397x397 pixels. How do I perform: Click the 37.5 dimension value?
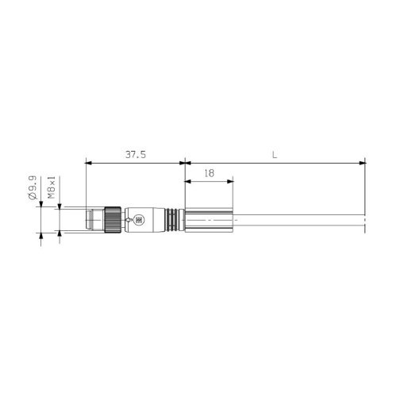135,155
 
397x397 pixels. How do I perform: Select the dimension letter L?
274,155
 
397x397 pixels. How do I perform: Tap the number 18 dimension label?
208,172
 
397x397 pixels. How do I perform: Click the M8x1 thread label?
52,188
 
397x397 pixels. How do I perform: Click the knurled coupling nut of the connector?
114,220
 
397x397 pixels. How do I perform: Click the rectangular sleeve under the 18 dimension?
208,220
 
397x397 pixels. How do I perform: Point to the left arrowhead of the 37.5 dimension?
87,164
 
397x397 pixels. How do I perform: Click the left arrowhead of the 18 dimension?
187,181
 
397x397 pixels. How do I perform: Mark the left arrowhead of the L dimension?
187,164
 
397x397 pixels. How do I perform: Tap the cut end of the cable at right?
365,221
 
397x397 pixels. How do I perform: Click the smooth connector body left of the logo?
129,220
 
